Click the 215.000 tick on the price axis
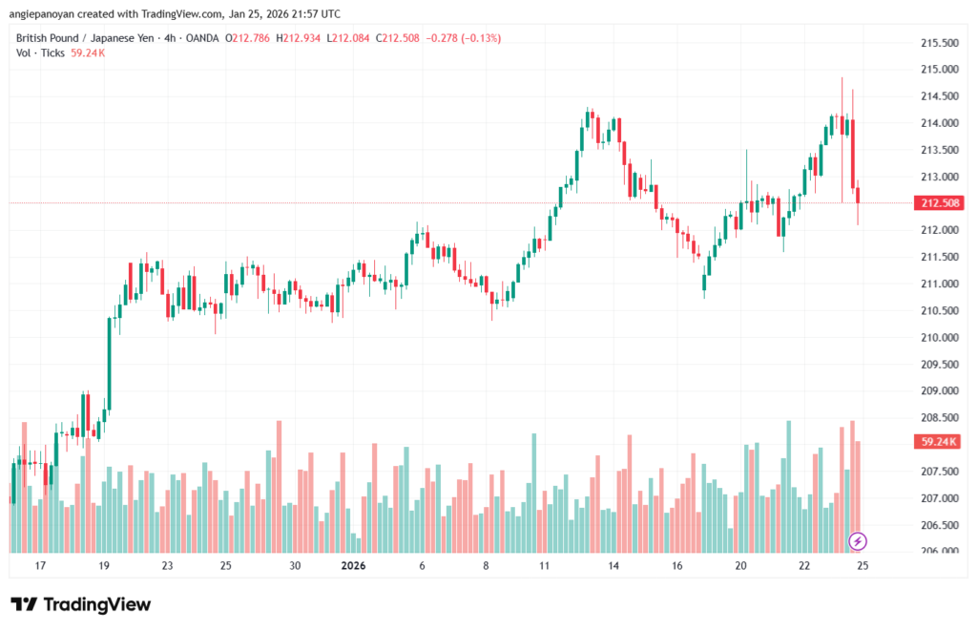[939, 70]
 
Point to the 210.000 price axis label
[939, 337]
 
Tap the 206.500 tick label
[939, 525]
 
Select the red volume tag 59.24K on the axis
[938, 442]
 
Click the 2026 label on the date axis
[353, 565]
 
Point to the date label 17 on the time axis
[40, 565]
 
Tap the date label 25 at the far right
[863, 565]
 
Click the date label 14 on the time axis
[614, 565]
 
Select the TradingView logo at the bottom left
[81, 604]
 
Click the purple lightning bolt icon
[858, 542]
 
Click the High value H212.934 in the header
[299, 38]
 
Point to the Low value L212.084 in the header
[347, 38]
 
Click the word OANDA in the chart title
[197, 38]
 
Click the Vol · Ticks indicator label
[40, 53]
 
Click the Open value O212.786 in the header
[249, 38]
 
